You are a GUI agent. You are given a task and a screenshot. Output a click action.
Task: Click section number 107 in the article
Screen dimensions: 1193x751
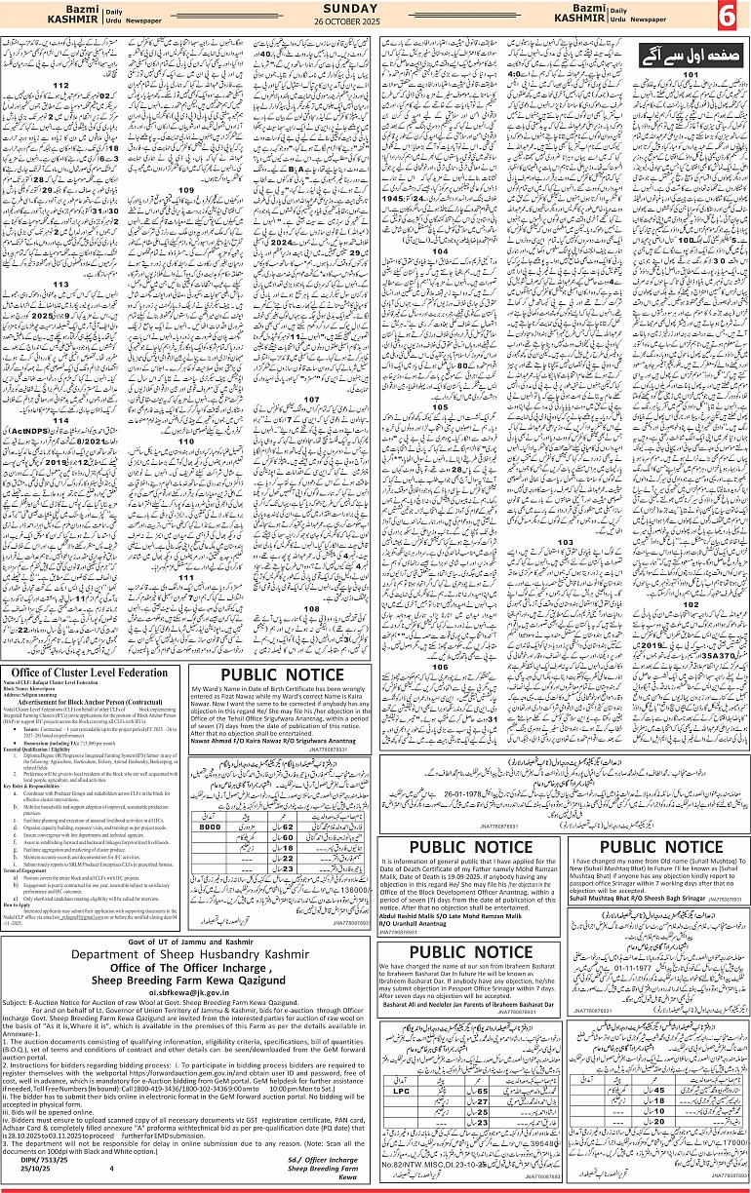point(312,400)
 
